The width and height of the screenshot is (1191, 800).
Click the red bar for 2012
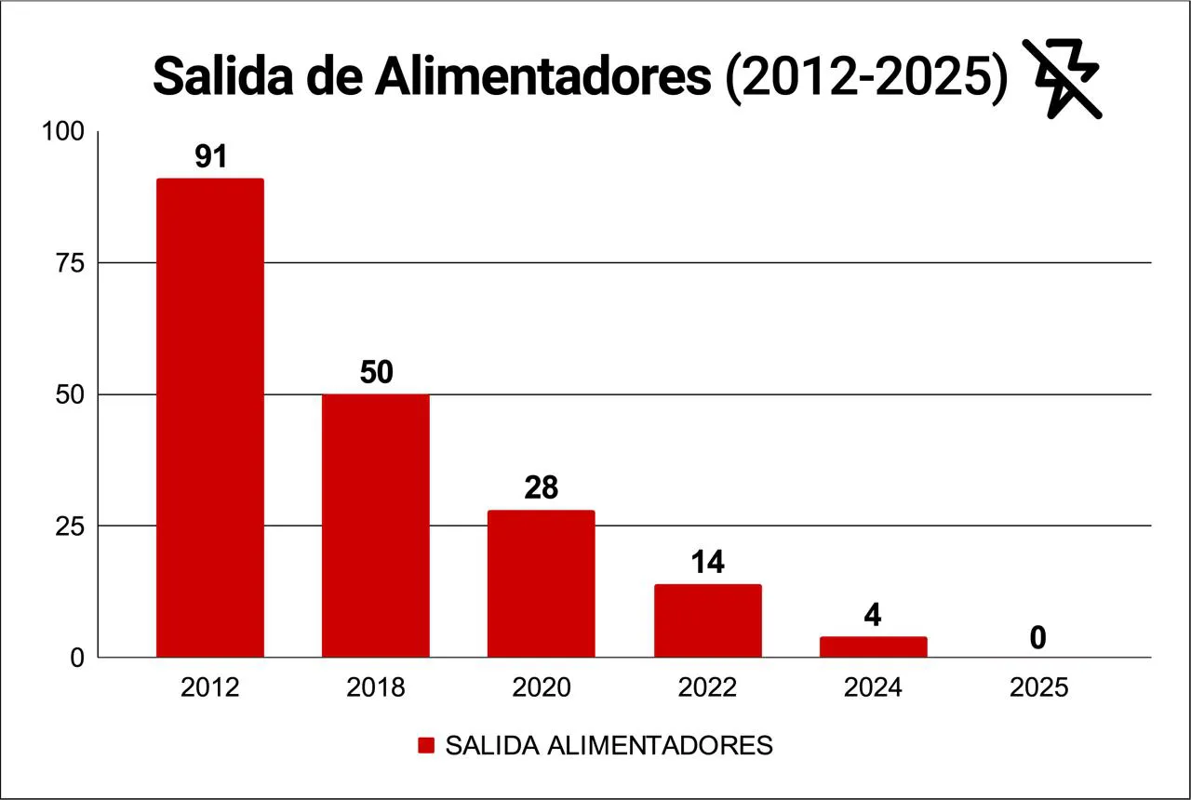210,418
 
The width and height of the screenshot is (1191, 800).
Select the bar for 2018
376,526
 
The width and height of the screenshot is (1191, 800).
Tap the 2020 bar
542,583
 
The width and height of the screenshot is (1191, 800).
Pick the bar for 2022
707,620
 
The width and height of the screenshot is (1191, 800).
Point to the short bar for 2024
873,647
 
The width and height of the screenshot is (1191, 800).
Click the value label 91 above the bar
211,156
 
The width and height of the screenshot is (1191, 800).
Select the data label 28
542,487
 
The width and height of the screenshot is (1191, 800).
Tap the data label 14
707,562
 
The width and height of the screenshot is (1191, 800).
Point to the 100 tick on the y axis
65,132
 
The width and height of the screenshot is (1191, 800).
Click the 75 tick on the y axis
71,263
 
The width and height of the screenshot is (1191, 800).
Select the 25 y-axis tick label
71,527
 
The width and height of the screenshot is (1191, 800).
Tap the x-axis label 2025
1038,688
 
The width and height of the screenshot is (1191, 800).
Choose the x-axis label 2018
376,688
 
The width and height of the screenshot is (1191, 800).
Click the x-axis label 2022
707,688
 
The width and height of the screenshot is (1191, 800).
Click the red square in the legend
426,746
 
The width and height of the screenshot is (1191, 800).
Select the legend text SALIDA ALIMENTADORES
609,746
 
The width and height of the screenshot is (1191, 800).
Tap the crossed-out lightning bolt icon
1063,78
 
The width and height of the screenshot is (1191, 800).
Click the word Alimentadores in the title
543,77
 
